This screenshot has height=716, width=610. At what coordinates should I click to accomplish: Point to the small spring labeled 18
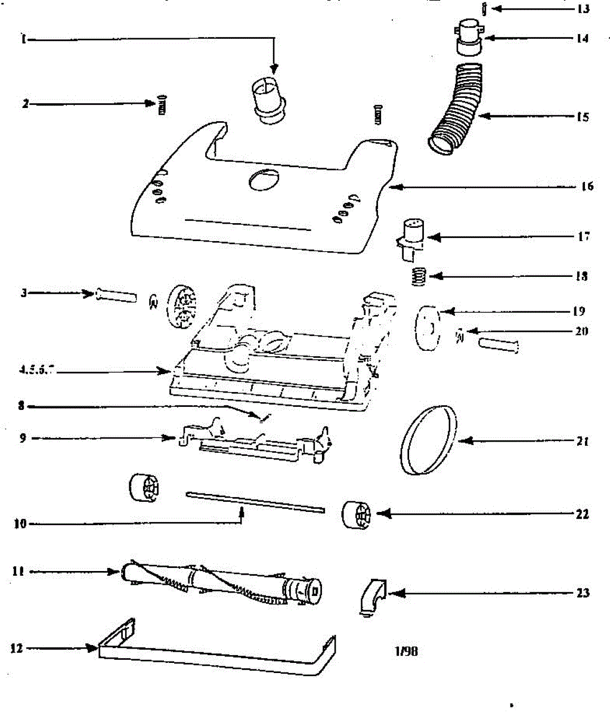420,276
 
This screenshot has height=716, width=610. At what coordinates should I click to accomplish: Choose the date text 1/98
406,651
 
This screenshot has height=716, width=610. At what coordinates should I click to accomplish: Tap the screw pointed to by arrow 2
162,106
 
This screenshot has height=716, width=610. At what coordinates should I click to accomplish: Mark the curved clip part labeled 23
373,595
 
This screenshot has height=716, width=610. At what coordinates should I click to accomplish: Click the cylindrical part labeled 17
410,237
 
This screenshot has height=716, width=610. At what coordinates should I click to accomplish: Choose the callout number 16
587,187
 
